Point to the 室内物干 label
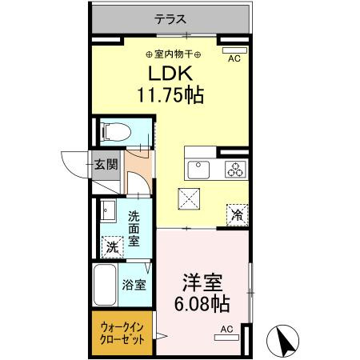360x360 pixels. tap(173, 54)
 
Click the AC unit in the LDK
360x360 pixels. tap(234, 51)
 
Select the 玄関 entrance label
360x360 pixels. tap(107, 165)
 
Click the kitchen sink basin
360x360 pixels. tap(198, 169)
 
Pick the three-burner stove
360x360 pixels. tap(234, 169)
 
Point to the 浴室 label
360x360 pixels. tap(134, 284)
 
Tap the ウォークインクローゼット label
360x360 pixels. tap(123, 333)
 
